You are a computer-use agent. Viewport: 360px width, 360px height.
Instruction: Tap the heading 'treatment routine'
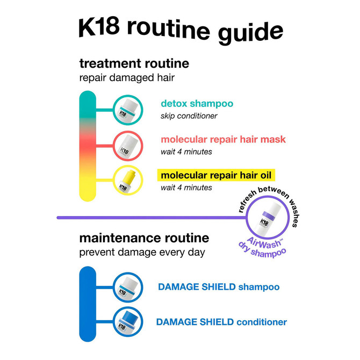[134, 63]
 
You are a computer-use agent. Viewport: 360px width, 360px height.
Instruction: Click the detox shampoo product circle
[128, 109]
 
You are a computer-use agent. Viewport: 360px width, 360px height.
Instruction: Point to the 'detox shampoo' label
[197, 104]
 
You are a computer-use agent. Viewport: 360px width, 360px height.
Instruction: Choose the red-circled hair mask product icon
[128, 145]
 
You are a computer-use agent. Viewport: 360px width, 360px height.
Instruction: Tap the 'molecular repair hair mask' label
[223, 140]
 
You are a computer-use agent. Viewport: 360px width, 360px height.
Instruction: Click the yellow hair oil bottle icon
[128, 181]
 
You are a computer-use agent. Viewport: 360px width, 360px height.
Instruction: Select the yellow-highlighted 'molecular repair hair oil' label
[216, 175]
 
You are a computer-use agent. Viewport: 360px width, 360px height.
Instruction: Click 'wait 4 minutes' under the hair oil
[186, 188]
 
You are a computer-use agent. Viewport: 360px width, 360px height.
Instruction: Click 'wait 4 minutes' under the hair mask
[186, 152]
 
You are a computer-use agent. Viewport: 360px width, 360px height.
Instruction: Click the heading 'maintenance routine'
[144, 237]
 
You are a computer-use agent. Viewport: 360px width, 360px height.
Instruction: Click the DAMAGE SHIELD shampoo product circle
[128, 287]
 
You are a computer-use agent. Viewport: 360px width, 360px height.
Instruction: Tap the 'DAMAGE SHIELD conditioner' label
[221, 322]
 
